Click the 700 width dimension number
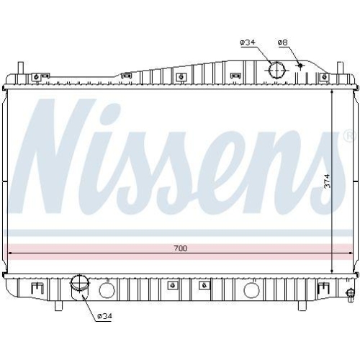pyautogui.click(x=180, y=248)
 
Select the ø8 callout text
pyautogui.click(x=283, y=43)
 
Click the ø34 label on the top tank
pyautogui.click(x=248, y=43)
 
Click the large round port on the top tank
pyautogui.click(x=276, y=71)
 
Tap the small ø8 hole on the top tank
pyautogui.click(x=300, y=66)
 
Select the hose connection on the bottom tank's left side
pyautogui.click(x=78, y=287)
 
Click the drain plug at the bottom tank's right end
pyautogui.click(x=350, y=292)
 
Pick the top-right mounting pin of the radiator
pyautogui.click(x=339, y=72)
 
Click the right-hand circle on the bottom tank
pyautogui.click(x=251, y=290)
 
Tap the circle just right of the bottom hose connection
pyautogui.click(x=107, y=290)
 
